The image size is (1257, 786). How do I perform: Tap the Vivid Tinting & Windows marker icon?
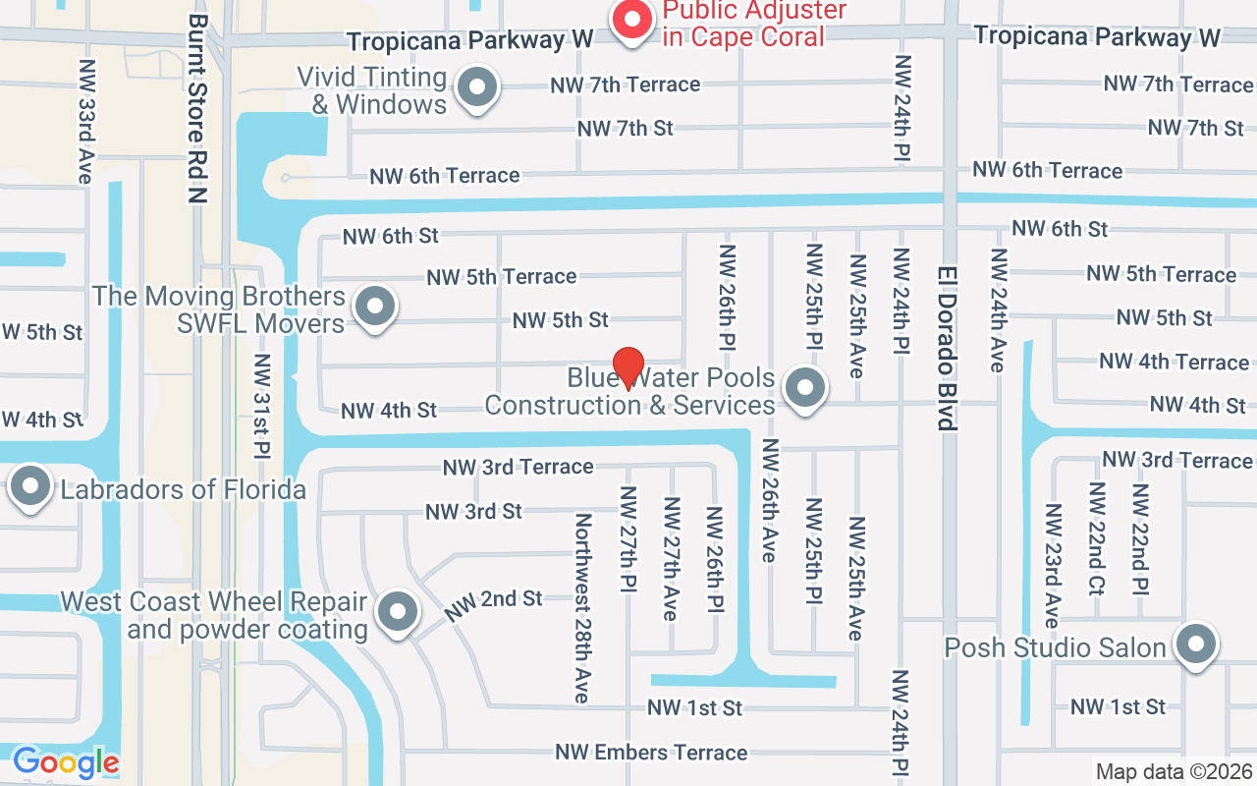478,88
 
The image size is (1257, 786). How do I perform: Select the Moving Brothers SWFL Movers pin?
374,308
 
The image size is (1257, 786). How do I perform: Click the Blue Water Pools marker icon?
805,389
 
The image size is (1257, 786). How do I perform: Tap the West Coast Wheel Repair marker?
398,613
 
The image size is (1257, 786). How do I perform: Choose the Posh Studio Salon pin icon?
1196,646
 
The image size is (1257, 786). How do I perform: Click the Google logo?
66,762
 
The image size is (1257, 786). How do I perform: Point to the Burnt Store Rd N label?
199,108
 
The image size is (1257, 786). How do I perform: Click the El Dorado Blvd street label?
947,348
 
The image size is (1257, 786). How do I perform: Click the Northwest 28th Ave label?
582,607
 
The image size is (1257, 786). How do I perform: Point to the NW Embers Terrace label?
651,753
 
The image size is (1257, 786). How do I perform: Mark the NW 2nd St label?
493,605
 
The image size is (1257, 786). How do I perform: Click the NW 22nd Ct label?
1097,538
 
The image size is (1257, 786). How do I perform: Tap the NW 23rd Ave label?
1052,565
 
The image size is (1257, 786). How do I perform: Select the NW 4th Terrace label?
1174,362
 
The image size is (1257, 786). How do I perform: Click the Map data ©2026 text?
1174,772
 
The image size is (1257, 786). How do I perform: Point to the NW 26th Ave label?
769,501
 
